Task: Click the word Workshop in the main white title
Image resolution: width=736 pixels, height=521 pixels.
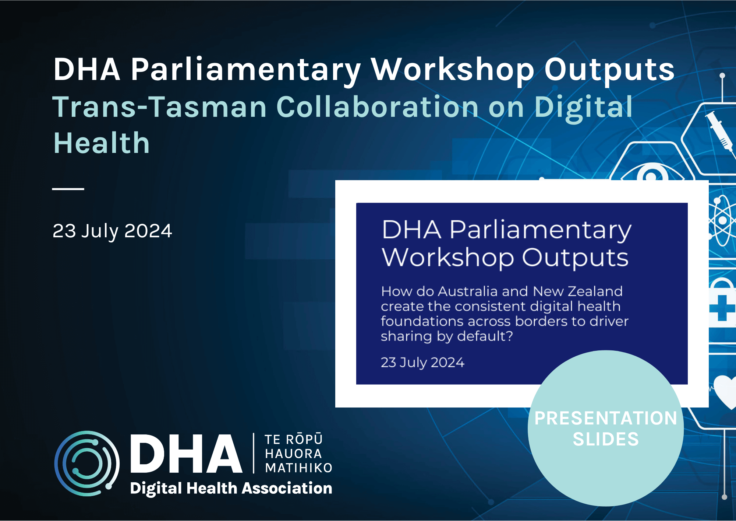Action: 452,70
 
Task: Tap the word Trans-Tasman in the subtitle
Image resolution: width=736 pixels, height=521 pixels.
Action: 159,107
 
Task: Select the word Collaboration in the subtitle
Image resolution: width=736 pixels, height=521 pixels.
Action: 377,107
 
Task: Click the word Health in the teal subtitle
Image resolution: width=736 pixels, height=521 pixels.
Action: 102,143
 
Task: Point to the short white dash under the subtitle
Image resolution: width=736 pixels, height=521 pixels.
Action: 68,189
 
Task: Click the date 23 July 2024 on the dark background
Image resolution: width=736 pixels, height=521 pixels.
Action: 112,231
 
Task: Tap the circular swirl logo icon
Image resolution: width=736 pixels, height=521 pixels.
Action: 87,463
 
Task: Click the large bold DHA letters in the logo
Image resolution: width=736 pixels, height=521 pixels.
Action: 186,454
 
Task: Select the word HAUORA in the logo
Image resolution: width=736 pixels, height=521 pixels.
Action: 293,454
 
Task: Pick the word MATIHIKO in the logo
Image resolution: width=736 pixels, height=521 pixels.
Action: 298,468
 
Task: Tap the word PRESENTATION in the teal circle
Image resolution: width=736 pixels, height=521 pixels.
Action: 606,419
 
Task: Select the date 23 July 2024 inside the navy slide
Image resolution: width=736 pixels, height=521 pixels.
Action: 422,363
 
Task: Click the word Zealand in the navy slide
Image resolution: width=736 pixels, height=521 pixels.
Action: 595,291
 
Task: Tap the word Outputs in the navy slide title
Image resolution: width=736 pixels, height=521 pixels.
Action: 575,258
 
